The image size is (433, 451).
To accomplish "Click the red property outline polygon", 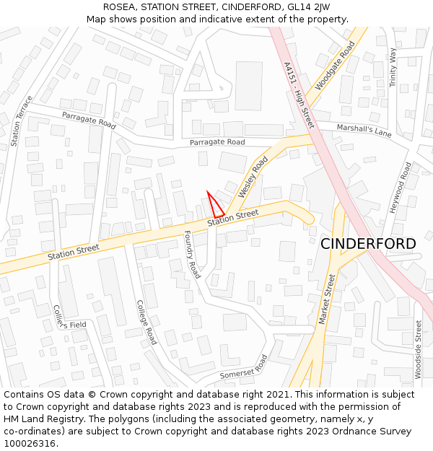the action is [216, 206].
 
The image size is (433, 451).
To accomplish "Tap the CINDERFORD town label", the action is [368, 244].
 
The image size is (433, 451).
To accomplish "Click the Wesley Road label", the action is [253, 178].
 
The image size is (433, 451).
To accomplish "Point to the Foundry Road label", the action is [192, 255].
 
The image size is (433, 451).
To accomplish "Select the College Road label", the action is [146, 322].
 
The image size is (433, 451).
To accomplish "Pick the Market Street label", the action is [328, 299].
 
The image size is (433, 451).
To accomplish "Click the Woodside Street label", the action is [418, 349].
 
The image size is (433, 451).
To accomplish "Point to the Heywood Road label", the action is [401, 187].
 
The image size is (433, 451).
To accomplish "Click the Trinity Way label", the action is [393, 68].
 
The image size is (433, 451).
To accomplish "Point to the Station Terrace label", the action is [22, 121].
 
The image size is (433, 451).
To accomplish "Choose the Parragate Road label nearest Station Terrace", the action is [89, 121].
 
